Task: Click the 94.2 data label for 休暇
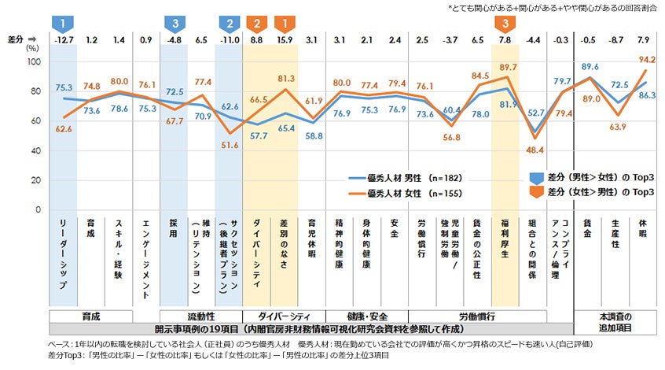(648, 59)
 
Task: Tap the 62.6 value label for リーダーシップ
(64, 128)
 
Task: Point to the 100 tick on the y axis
(33, 61)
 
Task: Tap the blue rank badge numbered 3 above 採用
(175, 22)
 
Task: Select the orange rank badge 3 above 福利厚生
(505, 22)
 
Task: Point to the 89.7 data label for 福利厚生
(508, 67)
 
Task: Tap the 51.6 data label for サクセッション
(230, 145)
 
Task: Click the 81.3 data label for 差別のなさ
(286, 79)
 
